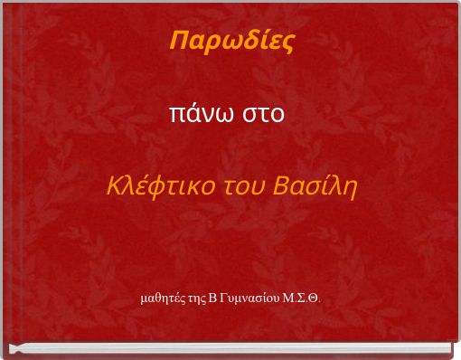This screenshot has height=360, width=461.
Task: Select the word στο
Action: click(262, 115)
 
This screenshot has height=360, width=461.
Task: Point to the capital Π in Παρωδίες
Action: click(177, 41)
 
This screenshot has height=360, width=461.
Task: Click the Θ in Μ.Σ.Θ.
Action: click(314, 297)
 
